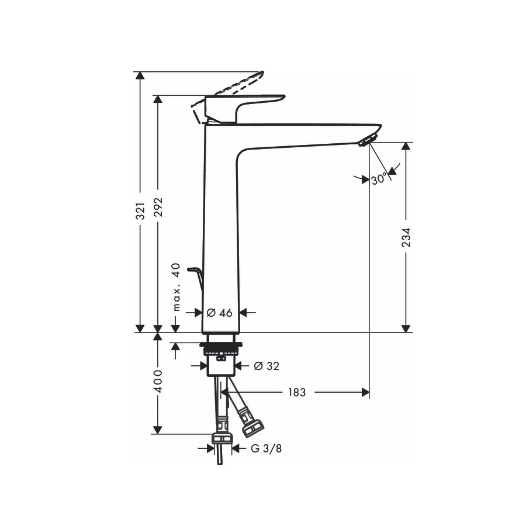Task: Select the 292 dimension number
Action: (x=158, y=207)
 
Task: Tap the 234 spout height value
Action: (x=406, y=237)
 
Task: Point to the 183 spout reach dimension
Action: (x=297, y=392)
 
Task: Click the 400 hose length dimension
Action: (x=158, y=382)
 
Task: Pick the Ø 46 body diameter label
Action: (x=220, y=313)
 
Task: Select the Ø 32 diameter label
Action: (x=267, y=366)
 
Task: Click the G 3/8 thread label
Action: (x=267, y=448)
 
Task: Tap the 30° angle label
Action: (x=379, y=179)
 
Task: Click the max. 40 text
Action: (x=177, y=287)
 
